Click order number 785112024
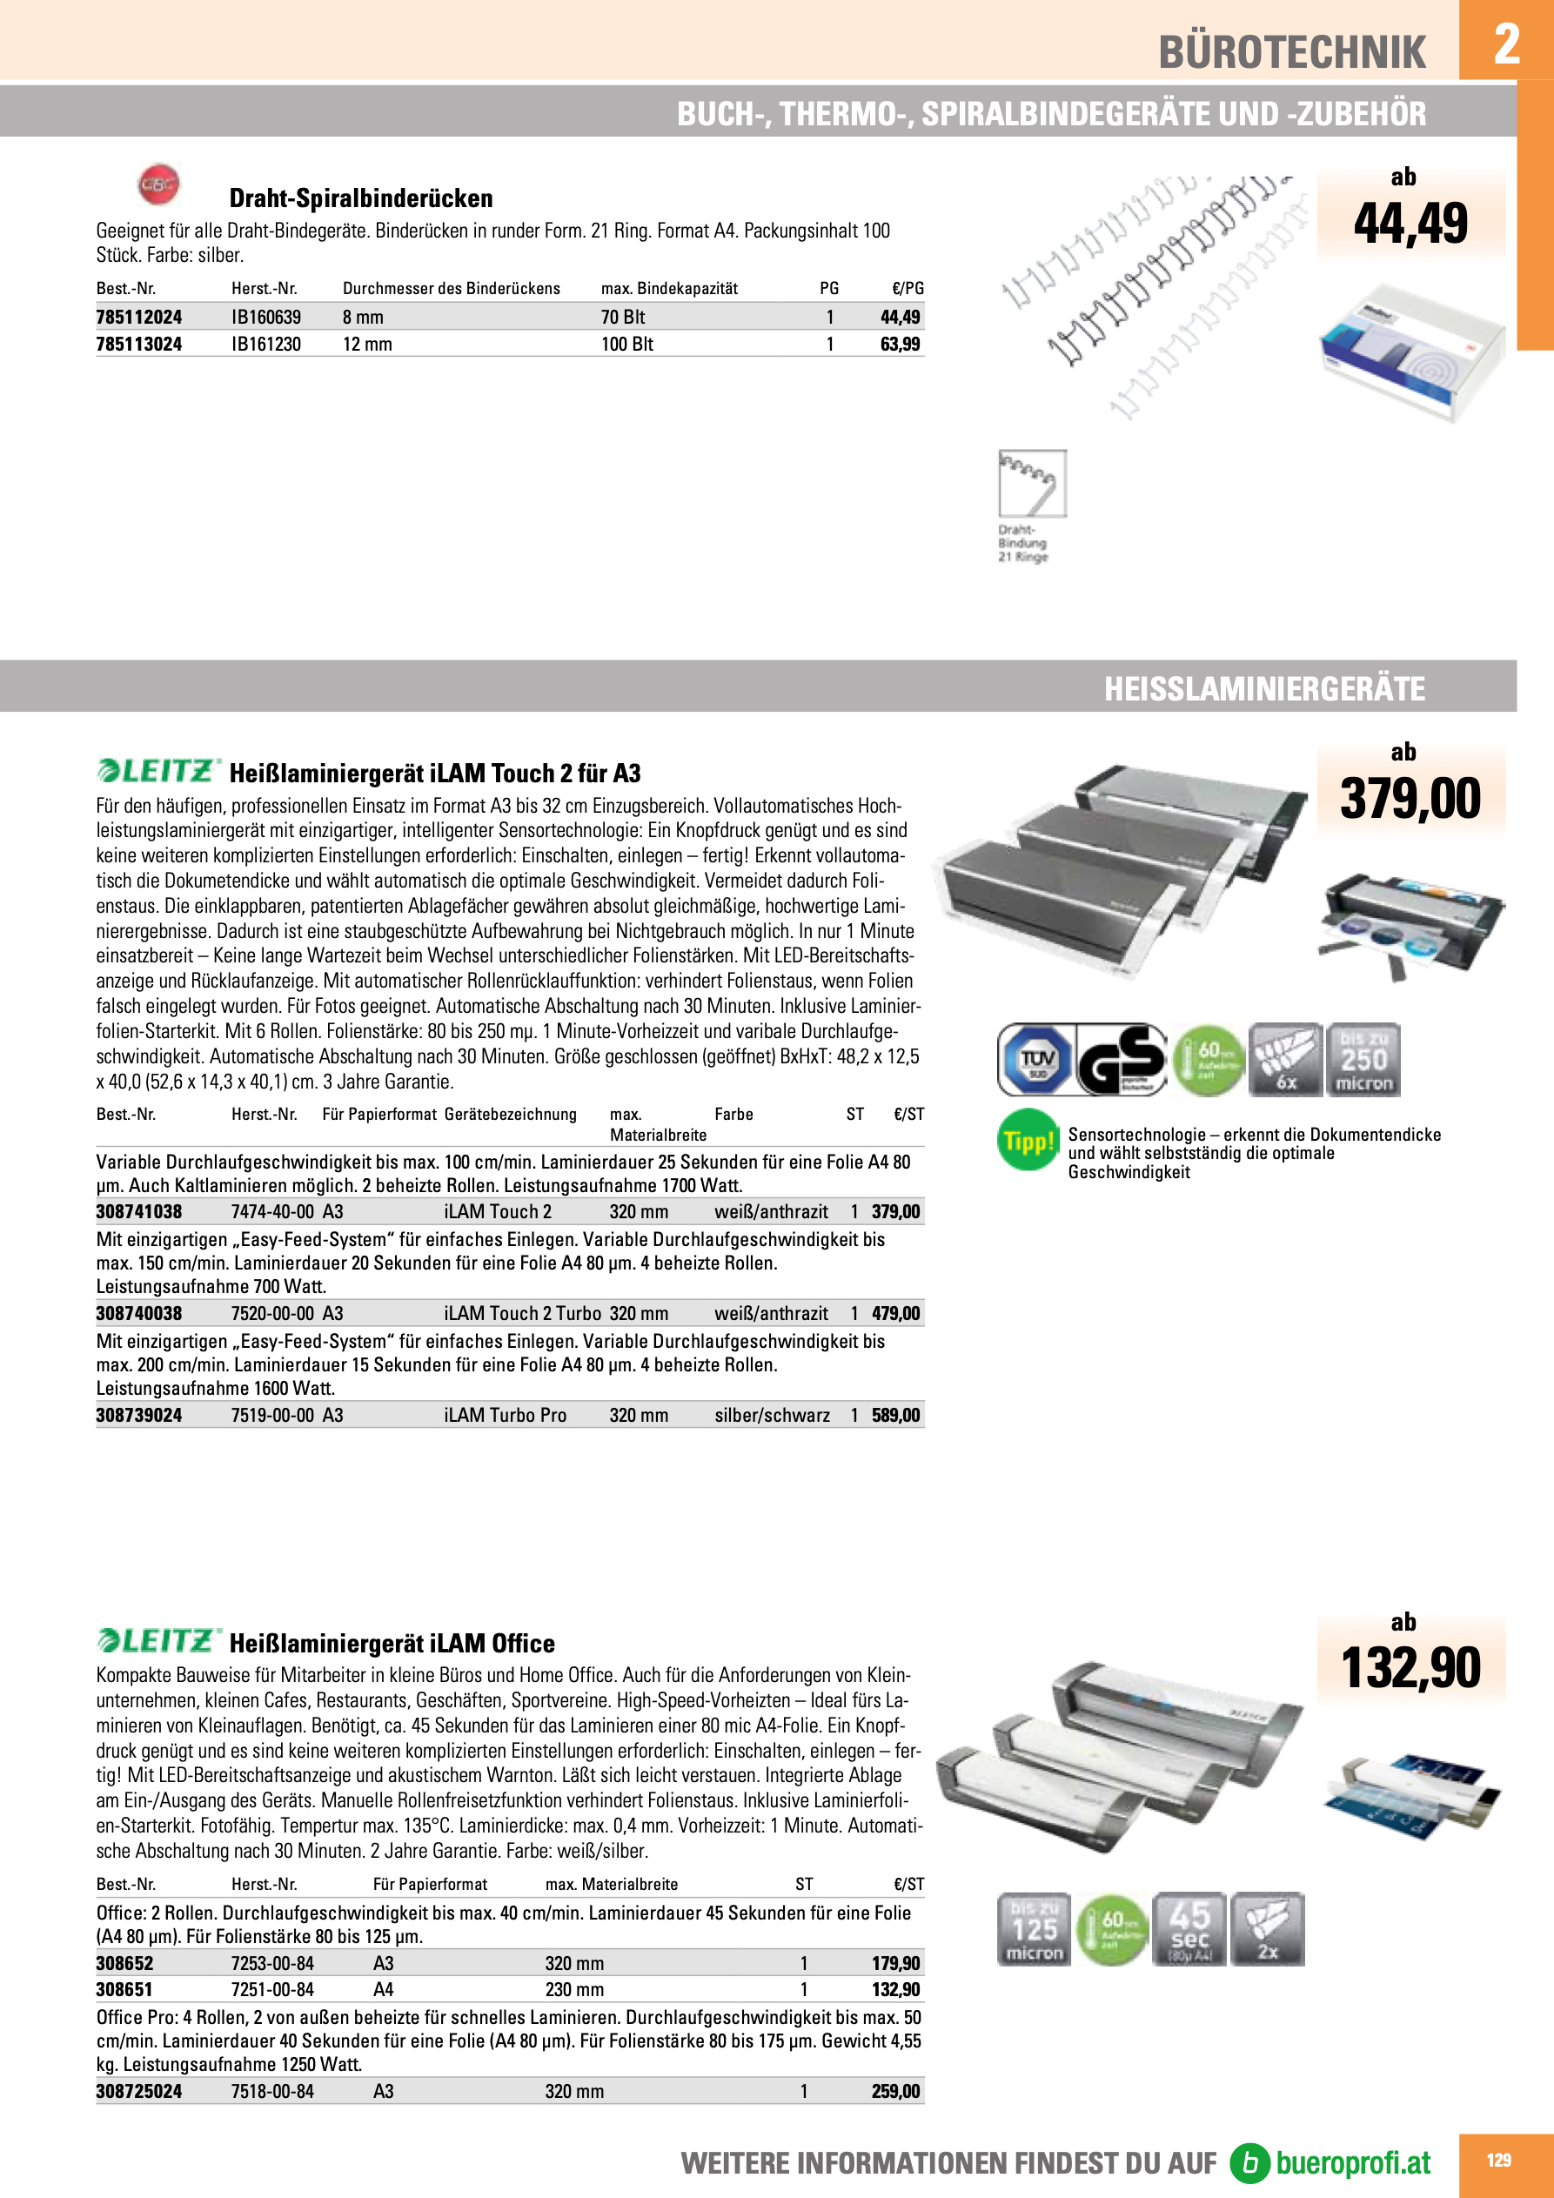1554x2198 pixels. point(139,317)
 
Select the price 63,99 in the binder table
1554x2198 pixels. point(900,344)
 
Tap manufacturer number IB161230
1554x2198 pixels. point(266,344)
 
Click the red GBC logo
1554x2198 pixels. point(158,184)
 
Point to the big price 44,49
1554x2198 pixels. point(1410,223)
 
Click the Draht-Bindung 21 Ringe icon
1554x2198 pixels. point(1031,485)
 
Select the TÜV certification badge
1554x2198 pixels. point(1036,1060)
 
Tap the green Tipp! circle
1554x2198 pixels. point(1028,1140)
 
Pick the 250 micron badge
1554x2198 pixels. point(1363,1060)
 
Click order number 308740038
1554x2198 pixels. point(139,1313)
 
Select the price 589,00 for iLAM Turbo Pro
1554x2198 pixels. point(895,1415)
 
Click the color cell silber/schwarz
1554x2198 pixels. point(772,1415)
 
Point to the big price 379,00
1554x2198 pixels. point(1410,799)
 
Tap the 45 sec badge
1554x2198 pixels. point(1189,1929)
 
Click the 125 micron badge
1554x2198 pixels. point(1034,1929)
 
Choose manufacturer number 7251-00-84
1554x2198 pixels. point(273,1989)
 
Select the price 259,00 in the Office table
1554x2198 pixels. point(895,2091)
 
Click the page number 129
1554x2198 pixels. point(1498,2160)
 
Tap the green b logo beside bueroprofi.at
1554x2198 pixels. point(1249,2162)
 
